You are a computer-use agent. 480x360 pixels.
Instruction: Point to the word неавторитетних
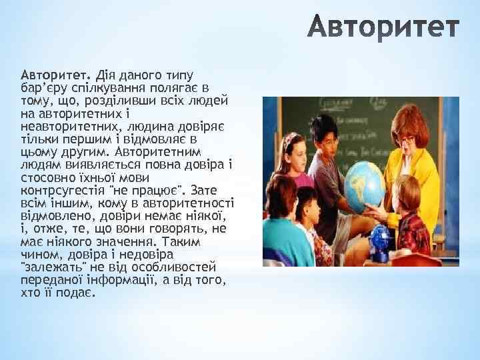(63, 125)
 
